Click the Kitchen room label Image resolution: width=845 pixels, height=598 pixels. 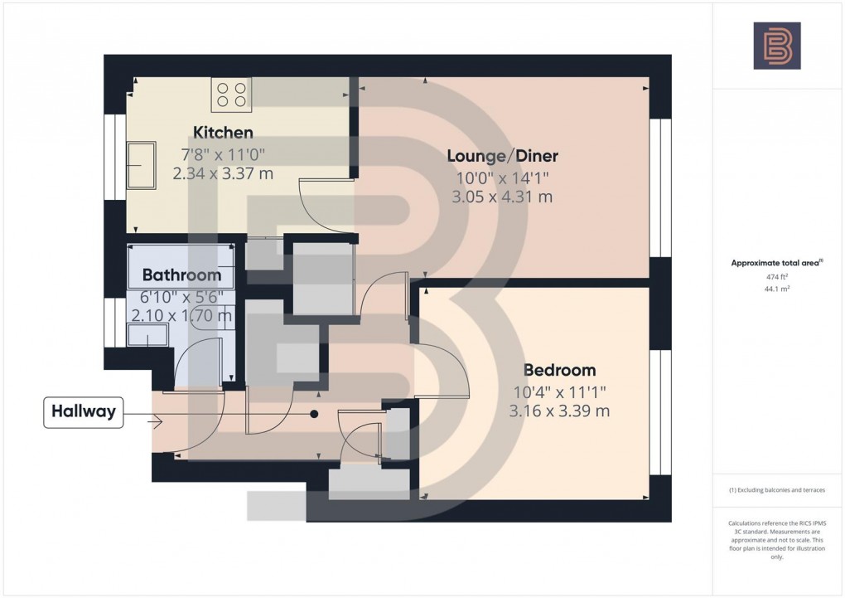[x=223, y=133]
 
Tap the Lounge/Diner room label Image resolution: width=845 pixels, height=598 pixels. [x=502, y=156]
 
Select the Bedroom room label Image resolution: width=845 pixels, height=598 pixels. [x=558, y=370]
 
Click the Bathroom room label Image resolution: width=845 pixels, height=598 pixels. [x=181, y=275]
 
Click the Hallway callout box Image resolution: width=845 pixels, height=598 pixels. [x=83, y=411]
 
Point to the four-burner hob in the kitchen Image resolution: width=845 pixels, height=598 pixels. [x=232, y=94]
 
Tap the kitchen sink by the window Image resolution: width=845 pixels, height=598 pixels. [x=140, y=166]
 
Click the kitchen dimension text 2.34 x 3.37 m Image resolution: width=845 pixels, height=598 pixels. [x=223, y=173]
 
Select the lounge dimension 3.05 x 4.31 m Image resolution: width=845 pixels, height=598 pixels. [x=502, y=197]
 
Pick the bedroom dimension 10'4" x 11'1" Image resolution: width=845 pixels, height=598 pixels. [x=558, y=391]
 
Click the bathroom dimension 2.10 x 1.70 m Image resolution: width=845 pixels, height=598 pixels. [x=181, y=315]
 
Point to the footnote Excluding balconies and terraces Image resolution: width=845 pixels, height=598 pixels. [x=777, y=490]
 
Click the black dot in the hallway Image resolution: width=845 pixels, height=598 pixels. [x=314, y=413]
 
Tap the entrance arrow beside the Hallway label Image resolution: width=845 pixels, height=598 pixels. [x=154, y=422]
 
